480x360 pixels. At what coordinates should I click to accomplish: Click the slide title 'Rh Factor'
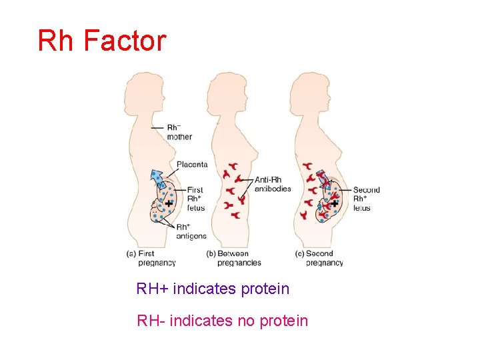pos(101,41)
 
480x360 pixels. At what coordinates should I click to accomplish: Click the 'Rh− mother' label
pos(179,132)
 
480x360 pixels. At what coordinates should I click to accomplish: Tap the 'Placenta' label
pos(192,164)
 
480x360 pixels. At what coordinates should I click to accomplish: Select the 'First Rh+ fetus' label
pos(195,199)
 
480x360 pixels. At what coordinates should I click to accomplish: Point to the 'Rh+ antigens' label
pos(191,231)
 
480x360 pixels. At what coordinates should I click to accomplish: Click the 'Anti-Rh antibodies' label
pos(273,184)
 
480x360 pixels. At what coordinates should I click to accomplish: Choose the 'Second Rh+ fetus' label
pos(366,199)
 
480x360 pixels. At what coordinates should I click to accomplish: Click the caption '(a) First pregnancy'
pos(151,258)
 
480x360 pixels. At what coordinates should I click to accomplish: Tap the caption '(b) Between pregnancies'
pos(233,258)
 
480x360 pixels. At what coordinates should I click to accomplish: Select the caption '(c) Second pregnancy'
pos(319,258)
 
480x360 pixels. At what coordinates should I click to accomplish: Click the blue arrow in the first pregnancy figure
pos(158,179)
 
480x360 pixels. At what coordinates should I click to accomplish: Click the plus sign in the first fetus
pos(169,203)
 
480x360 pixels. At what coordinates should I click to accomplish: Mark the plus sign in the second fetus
pos(335,203)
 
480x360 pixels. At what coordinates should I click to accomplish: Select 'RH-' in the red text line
pos(151,321)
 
